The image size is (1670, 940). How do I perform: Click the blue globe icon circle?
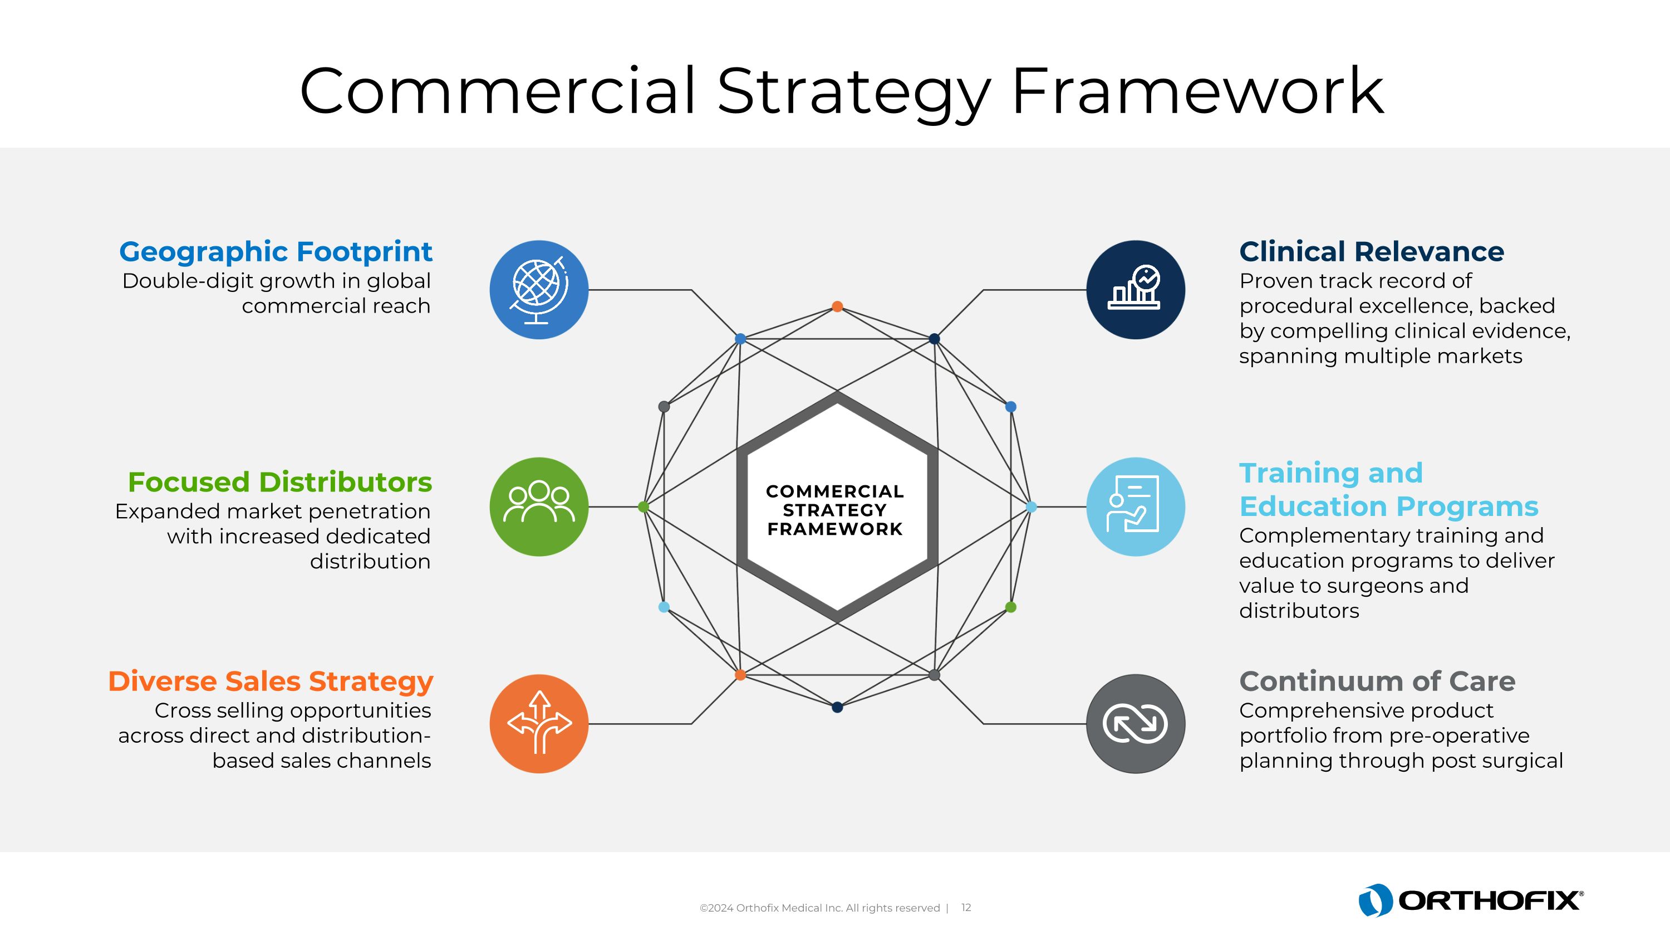[539, 290]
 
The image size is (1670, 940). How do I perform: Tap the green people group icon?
[539, 506]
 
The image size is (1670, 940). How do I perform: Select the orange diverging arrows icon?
[539, 723]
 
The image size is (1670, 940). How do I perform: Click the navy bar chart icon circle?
[1135, 290]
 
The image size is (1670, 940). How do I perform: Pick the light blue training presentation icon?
[1135, 506]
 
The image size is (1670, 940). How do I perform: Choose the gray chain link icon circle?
[1135, 723]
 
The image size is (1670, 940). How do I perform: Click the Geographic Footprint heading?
[276, 252]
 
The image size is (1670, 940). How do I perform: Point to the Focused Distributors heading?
[280, 482]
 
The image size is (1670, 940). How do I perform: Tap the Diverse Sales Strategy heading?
[271, 681]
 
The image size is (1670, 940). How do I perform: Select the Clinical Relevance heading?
[1371, 252]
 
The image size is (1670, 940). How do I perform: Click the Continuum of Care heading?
[1377, 681]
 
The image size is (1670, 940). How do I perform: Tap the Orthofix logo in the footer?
[1470, 900]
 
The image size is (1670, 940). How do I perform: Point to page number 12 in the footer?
[966, 908]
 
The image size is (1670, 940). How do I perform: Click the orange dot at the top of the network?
[837, 306]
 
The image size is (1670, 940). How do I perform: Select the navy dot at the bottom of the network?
[837, 707]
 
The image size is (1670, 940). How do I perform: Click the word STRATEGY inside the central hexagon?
[834, 510]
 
